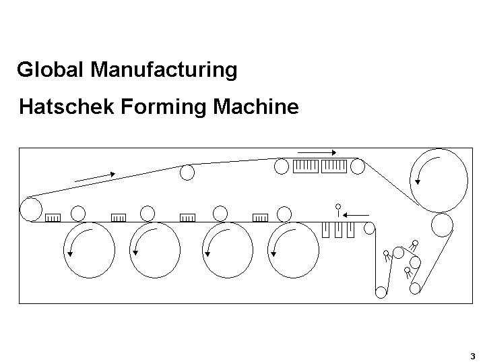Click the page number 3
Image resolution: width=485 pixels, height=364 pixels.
point(473,355)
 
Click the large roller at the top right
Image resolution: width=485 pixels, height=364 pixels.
point(439,178)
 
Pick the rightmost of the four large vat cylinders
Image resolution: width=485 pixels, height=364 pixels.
point(292,250)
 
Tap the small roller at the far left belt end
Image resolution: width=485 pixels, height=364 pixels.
point(30,208)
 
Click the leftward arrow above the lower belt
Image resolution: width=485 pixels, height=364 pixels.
point(356,214)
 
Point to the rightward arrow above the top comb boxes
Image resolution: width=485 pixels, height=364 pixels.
point(317,152)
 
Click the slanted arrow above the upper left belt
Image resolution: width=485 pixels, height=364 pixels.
point(95,177)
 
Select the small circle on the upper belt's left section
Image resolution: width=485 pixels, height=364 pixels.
point(187,173)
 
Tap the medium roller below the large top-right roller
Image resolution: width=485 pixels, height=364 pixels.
point(443,225)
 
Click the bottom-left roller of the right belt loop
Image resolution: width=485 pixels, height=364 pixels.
point(381,292)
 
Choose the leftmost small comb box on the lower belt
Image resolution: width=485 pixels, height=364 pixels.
point(53,217)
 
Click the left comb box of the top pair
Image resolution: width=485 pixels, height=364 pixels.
point(306,165)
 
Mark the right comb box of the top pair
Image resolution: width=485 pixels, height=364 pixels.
point(334,165)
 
